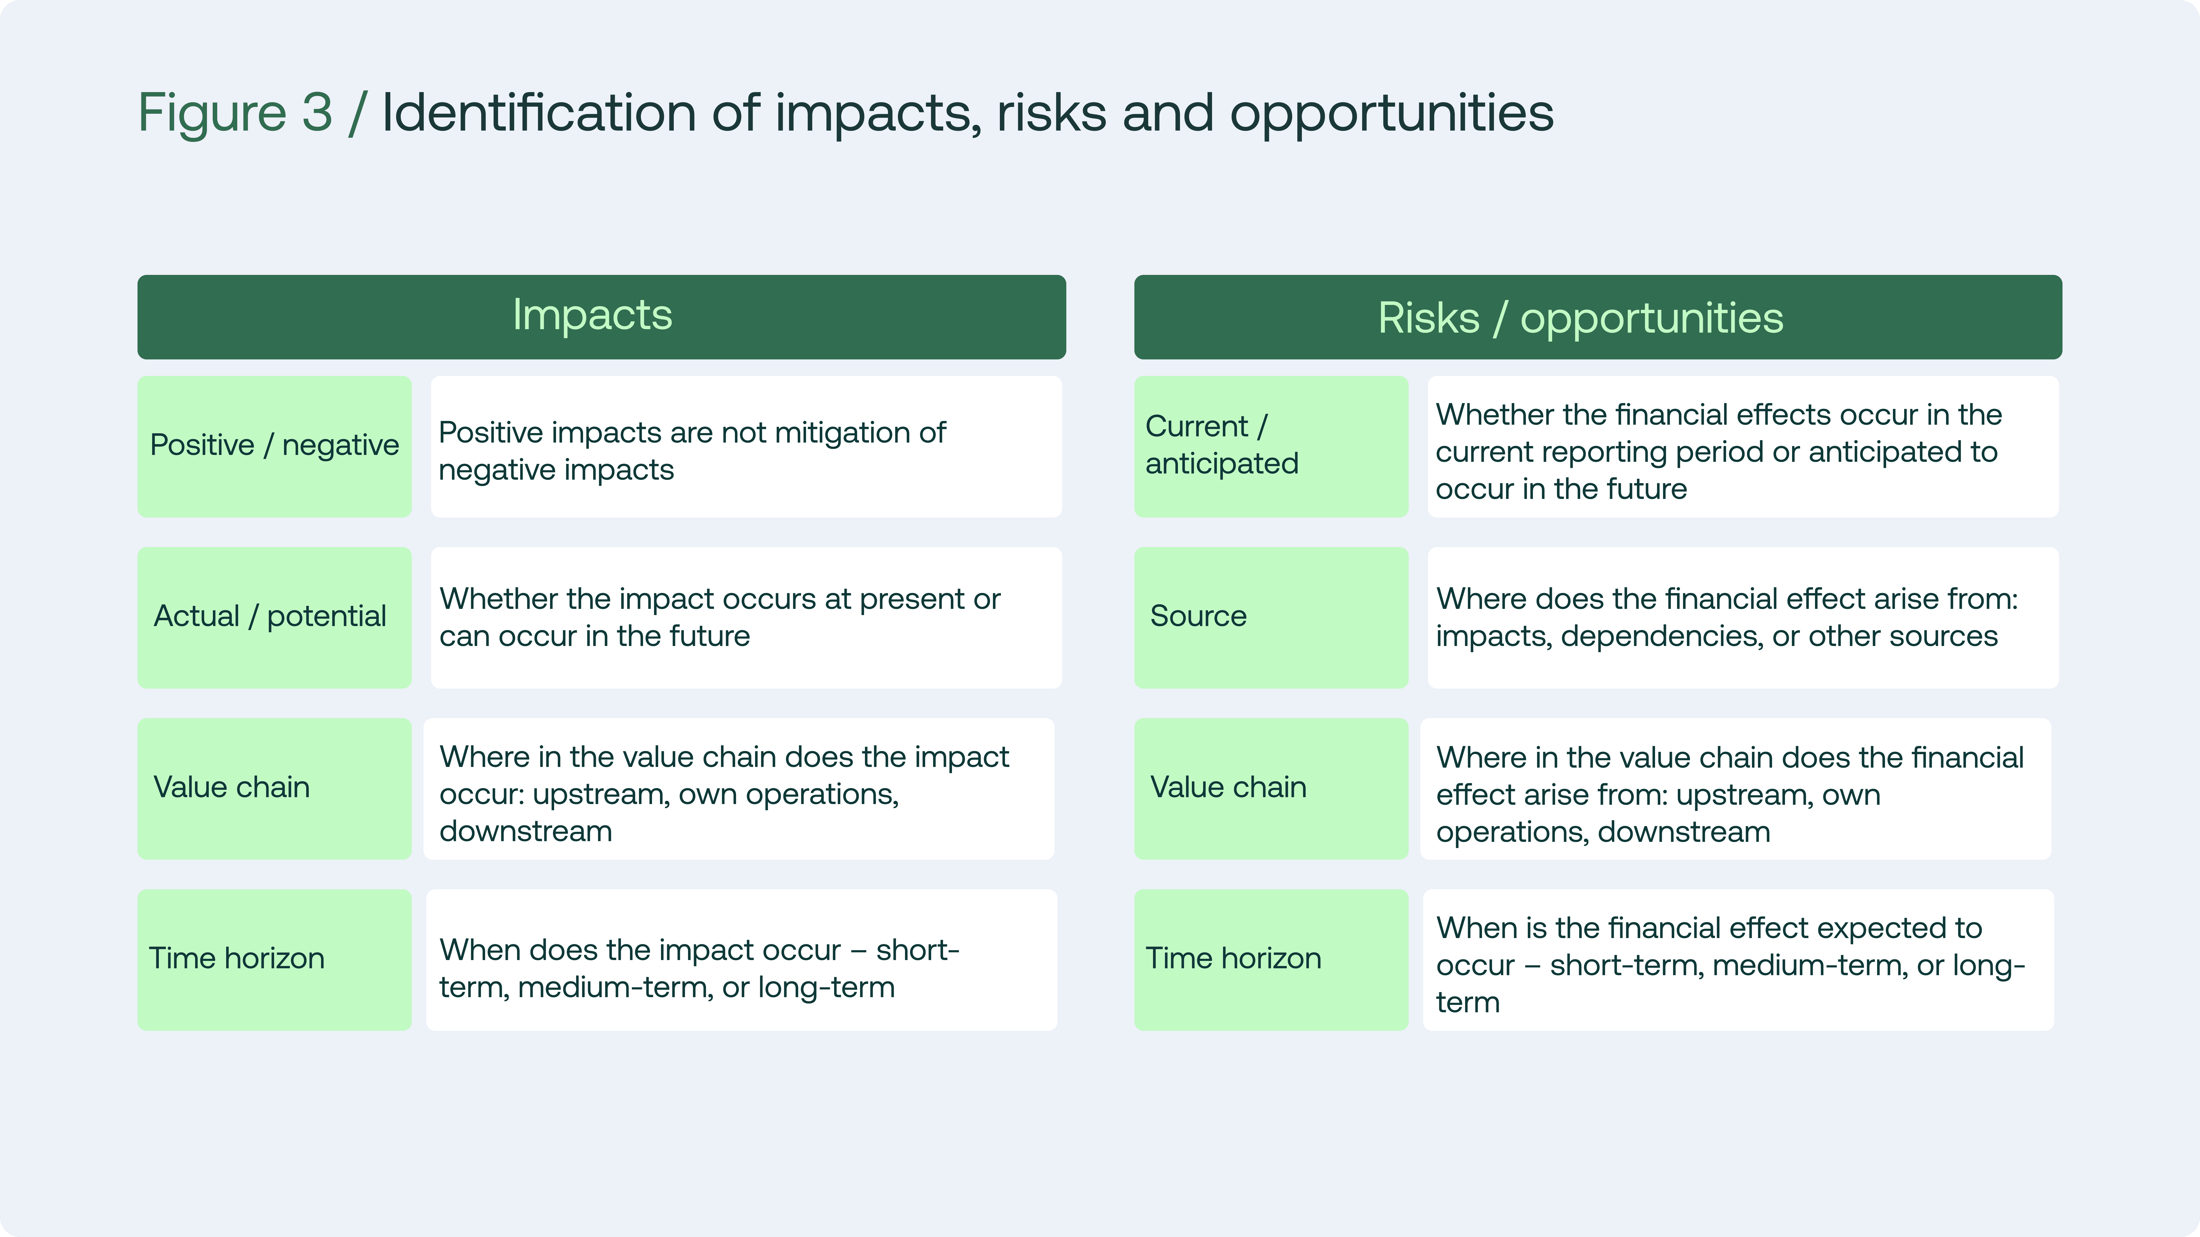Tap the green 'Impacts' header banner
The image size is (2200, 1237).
[601, 317]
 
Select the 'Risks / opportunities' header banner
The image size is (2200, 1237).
[1598, 317]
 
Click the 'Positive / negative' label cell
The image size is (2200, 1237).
[274, 446]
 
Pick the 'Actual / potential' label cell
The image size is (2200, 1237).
[274, 617]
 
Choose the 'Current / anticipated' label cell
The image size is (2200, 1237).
[1271, 446]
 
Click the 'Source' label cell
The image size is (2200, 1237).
[1271, 617]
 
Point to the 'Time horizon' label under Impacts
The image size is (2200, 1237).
[274, 960]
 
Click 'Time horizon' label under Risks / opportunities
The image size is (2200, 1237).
[1271, 960]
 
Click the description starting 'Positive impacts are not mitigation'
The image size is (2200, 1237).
[746, 446]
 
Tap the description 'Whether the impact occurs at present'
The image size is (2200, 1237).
[746, 617]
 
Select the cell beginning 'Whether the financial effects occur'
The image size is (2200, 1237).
[1743, 446]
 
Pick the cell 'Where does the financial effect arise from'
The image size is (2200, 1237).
[1743, 617]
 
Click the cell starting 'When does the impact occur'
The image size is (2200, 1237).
[741, 960]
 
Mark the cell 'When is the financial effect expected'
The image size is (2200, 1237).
[1738, 960]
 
